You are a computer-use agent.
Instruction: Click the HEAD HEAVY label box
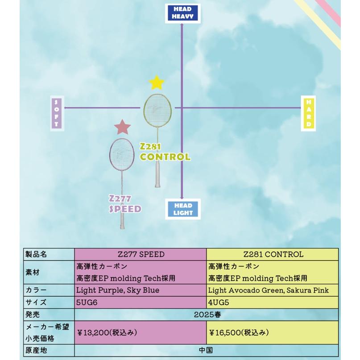click(x=182, y=13)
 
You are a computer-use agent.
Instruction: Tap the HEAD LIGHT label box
click(x=183, y=209)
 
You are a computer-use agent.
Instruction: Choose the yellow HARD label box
click(x=309, y=113)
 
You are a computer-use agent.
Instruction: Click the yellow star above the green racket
click(x=157, y=83)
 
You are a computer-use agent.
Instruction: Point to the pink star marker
click(x=122, y=128)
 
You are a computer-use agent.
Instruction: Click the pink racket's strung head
click(x=122, y=154)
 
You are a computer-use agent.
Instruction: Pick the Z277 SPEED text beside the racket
click(x=125, y=204)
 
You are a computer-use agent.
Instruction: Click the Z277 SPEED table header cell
click(x=141, y=255)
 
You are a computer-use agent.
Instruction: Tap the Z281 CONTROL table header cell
click(x=273, y=255)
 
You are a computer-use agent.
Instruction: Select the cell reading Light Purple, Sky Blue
click(x=118, y=290)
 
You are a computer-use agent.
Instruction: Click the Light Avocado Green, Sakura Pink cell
click(x=268, y=290)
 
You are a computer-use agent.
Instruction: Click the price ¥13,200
click(x=107, y=332)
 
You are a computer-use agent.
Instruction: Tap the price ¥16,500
click(x=239, y=332)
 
